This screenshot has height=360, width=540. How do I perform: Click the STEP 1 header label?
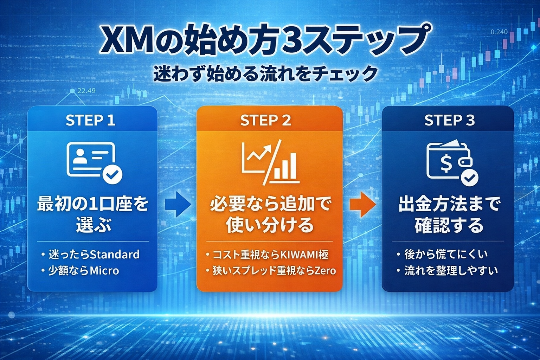(90, 121)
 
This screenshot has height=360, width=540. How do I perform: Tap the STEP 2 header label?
(265, 121)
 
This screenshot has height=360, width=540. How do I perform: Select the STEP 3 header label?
(449, 121)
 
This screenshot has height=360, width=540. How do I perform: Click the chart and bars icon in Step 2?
(270, 162)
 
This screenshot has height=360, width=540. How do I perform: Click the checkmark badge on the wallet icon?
(469, 178)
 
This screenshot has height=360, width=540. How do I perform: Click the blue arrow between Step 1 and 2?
(178, 204)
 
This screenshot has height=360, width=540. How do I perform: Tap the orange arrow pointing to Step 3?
(362, 204)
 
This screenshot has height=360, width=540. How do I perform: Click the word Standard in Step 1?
(115, 254)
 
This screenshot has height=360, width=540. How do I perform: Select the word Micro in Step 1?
(104, 271)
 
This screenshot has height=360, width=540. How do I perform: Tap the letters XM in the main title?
(121, 40)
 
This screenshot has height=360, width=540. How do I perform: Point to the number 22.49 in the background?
(86, 91)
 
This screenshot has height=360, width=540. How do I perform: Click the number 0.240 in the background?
(499, 32)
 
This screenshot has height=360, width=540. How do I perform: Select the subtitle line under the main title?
(265, 74)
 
